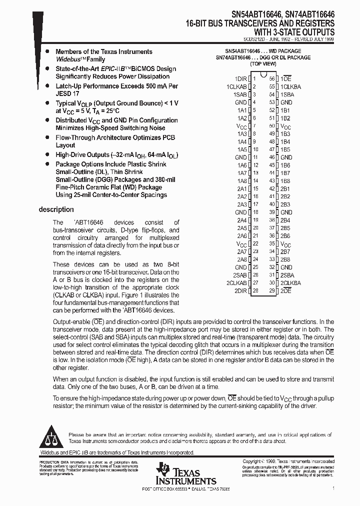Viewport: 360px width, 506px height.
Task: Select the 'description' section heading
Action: (x=56, y=209)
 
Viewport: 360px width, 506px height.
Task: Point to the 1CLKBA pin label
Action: (x=290, y=86)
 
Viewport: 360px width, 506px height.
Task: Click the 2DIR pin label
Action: (x=240, y=291)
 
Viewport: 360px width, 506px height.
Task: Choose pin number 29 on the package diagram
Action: (x=272, y=291)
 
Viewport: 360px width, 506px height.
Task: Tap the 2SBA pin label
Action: (x=287, y=275)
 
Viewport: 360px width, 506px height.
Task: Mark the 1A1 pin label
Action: (x=242, y=110)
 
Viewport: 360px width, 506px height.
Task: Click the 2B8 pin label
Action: (x=285, y=259)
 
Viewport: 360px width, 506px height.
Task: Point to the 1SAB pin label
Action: (x=240, y=94)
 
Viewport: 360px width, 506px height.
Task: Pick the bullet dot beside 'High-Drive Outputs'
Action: (x=47, y=155)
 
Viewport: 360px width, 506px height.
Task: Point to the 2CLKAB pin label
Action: (x=236, y=283)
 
